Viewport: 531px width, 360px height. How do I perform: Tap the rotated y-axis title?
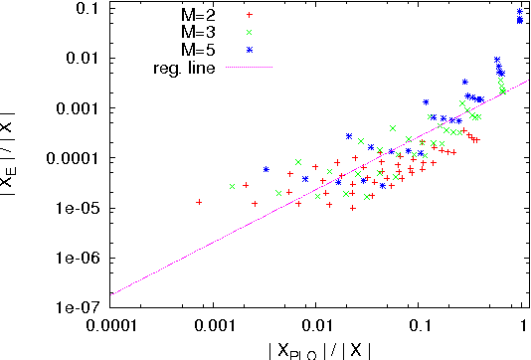point(14,154)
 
